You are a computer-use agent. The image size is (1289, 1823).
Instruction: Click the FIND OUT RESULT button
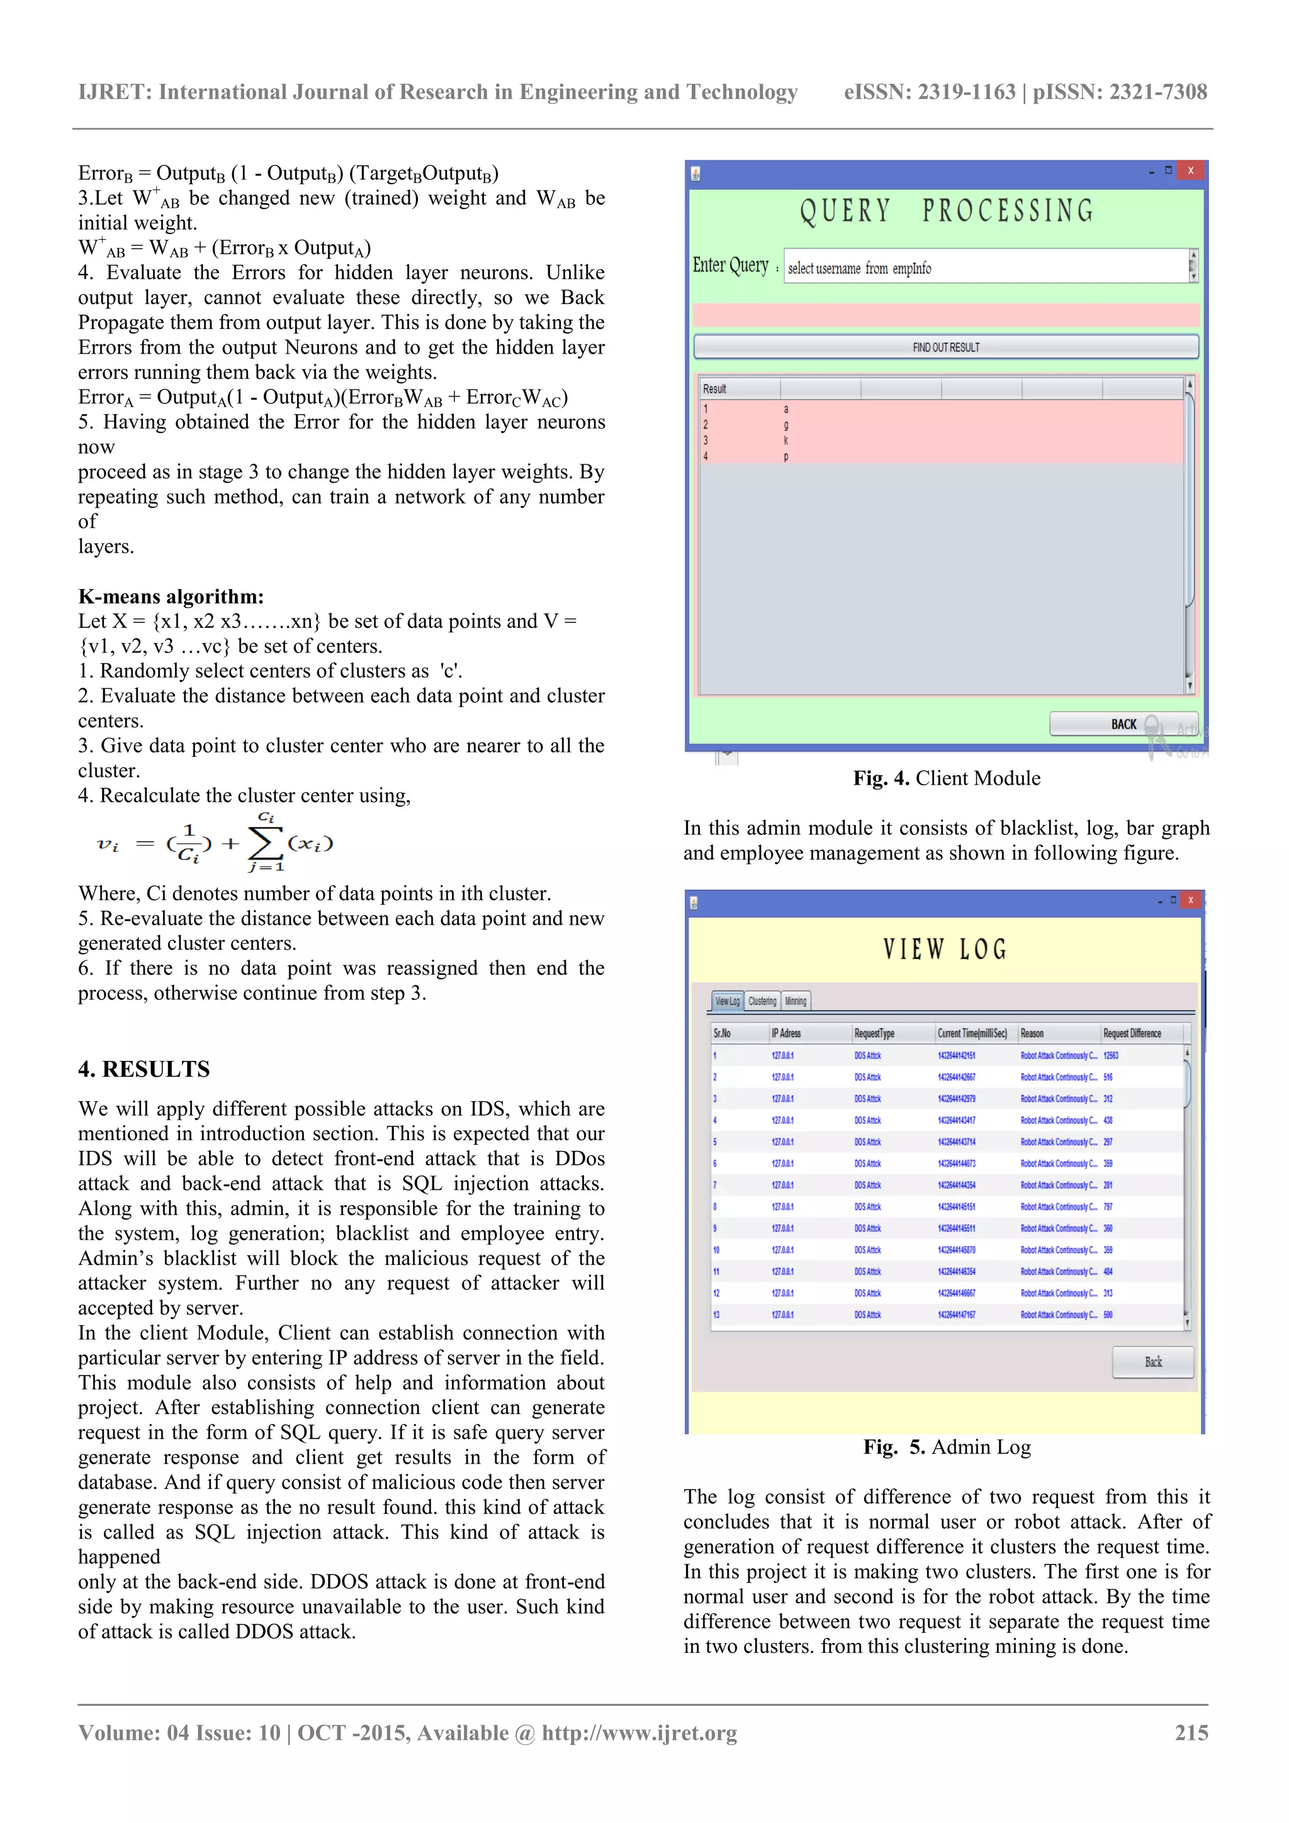945,347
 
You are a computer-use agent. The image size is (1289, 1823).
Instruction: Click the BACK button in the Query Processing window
1122,724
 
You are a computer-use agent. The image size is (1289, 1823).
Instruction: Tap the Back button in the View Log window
1152,1362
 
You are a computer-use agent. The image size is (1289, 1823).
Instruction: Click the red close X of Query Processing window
1190,171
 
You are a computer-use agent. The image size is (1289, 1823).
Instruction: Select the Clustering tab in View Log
762,1001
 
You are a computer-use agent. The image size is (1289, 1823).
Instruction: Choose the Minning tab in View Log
796,1001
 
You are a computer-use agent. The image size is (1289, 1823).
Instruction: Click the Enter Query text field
985,267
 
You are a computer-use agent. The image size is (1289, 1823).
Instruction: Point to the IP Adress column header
786,1033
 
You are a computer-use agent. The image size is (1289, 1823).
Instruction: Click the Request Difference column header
1132,1033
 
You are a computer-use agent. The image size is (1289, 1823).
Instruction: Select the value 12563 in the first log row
1110,1055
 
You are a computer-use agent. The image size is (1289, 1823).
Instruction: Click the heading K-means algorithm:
171,597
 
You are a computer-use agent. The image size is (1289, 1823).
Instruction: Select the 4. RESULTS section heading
144,1069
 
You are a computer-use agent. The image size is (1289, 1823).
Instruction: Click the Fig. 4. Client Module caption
946,778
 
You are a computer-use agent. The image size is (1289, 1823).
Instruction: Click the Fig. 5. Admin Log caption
947,1447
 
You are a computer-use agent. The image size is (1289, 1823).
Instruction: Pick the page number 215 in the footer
1191,1732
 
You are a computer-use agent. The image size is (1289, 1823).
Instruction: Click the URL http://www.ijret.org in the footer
639,1732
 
